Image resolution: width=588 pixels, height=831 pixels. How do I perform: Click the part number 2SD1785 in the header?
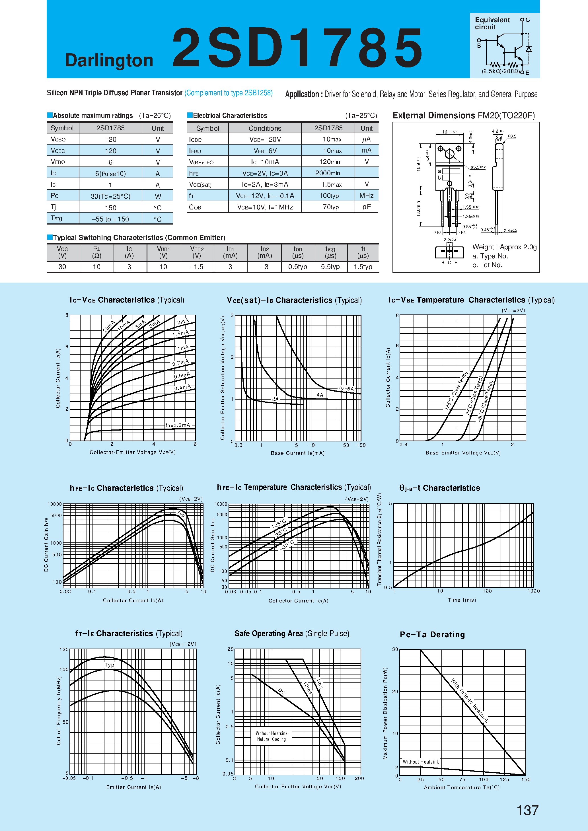point(297,48)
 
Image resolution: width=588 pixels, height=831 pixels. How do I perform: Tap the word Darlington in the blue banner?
point(109,60)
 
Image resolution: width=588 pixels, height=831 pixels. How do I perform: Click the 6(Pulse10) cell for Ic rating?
point(110,174)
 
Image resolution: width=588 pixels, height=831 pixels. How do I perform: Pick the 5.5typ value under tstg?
point(330,267)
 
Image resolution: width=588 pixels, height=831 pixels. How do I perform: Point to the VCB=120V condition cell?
point(265,139)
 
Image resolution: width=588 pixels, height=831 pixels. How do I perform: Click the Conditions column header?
point(265,128)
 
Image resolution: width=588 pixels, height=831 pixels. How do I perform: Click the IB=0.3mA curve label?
point(178,425)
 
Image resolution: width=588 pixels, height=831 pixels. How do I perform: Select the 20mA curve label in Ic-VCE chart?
point(109,326)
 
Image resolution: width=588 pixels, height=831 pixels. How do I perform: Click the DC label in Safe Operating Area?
point(282,691)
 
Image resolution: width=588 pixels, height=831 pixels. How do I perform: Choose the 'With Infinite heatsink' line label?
point(470,701)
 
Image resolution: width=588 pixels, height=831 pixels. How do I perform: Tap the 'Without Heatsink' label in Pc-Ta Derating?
point(420,762)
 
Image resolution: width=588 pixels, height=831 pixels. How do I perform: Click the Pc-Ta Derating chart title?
point(432,634)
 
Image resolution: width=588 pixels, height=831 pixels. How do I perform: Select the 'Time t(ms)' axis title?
point(462,600)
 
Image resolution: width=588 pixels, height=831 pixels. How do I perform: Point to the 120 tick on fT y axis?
point(64,649)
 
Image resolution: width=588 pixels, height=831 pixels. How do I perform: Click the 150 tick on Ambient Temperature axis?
point(525,779)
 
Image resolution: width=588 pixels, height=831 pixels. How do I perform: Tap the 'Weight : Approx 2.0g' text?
point(504,247)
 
